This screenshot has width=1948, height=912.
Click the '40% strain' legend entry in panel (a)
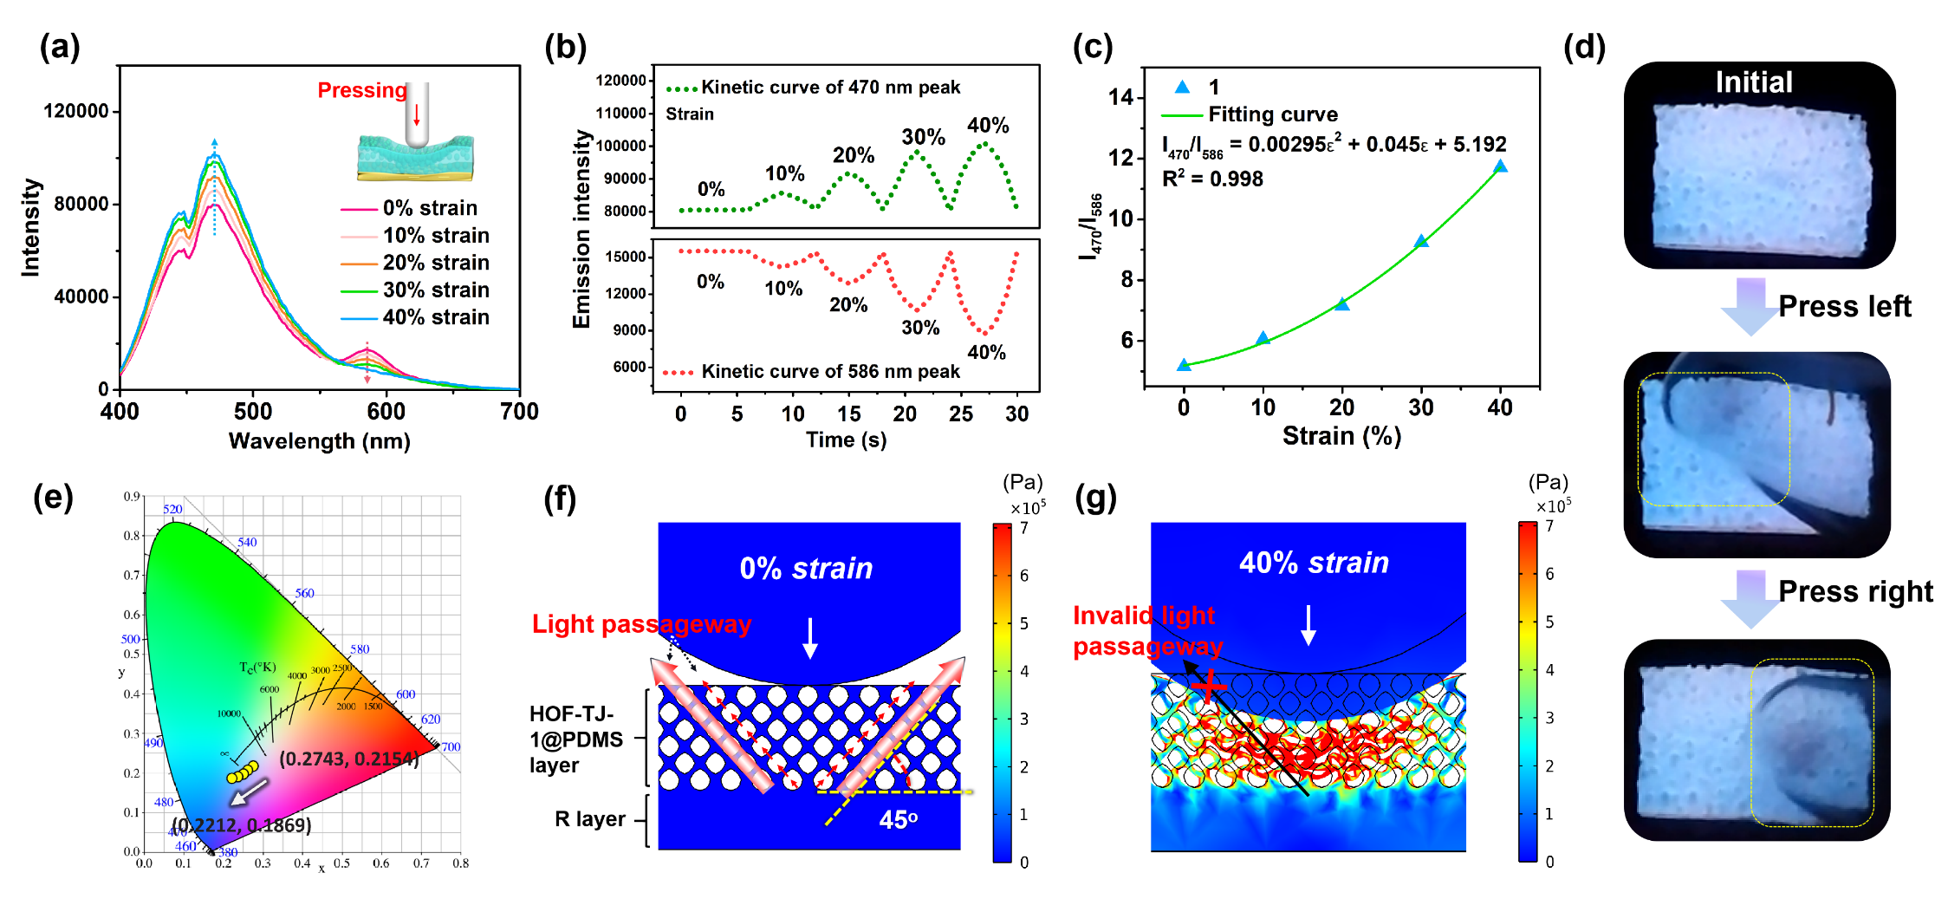(436, 317)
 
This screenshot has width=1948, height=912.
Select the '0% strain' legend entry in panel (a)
(430, 208)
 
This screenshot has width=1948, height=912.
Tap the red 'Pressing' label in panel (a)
(362, 90)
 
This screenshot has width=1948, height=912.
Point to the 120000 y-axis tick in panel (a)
(76, 111)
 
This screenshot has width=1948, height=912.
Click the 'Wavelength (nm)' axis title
(319, 440)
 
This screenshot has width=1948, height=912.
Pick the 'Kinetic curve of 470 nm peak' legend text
(830, 88)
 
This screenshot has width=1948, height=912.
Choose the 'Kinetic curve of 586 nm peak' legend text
(830, 372)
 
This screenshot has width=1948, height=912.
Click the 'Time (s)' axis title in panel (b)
(846, 440)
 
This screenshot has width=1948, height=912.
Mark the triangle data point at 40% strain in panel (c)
(1500, 166)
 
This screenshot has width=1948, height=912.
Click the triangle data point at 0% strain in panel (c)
(1184, 365)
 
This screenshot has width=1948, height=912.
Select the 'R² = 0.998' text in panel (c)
(1212, 179)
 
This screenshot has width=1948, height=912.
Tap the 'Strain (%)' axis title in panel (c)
(1341, 435)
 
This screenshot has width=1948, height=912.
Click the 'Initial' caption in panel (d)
(1754, 82)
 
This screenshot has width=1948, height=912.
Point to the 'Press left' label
(1845, 306)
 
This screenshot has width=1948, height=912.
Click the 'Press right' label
(1855, 591)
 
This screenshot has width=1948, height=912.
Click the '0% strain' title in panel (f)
(806, 568)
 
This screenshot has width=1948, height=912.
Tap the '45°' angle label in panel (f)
(898, 819)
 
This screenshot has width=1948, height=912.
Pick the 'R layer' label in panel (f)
(590, 819)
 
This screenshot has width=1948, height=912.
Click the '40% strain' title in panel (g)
(1314, 563)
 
